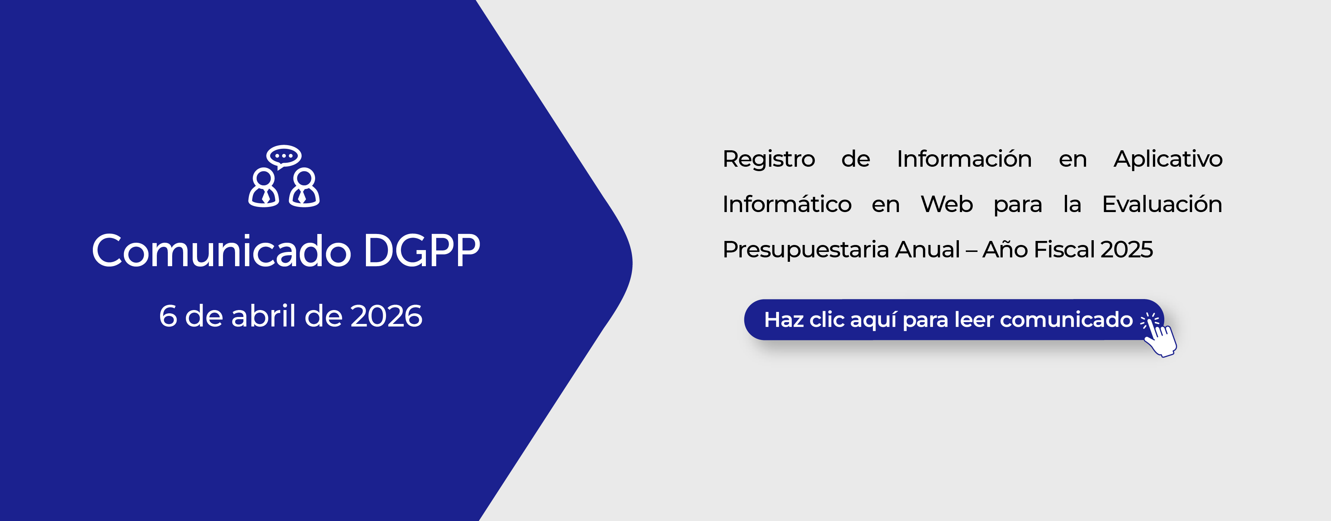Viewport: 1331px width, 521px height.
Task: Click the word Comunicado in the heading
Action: pos(222,251)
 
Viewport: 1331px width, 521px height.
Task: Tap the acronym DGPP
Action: pos(421,251)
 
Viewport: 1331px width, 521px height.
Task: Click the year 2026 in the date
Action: pos(386,316)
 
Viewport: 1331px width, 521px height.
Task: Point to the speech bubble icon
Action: pos(284,156)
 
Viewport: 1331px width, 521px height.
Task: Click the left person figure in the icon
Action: pos(264,188)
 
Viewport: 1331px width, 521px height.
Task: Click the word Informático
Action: pos(787,204)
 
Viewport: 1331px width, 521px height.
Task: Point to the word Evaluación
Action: pos(1162,204)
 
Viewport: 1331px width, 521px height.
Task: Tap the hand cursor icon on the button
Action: pos(1159,335)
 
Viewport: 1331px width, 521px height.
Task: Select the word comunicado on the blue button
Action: pos(1066,320)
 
